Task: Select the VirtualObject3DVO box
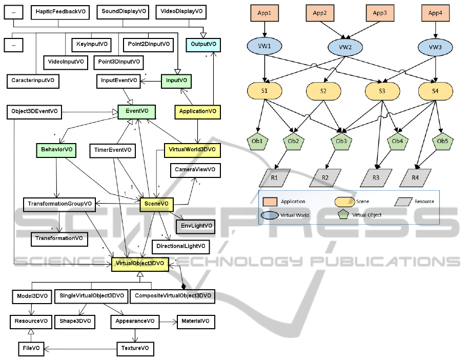pos(139,264)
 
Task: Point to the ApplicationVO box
pos(197,111)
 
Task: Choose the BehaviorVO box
pos(56,150)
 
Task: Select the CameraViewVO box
pos(194,169)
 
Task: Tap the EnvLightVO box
pos(194,225)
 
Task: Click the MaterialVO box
pos(195,322)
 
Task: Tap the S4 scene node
pos(435,91)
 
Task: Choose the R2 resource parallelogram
pos(325,178)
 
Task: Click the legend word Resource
pos(424,202)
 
